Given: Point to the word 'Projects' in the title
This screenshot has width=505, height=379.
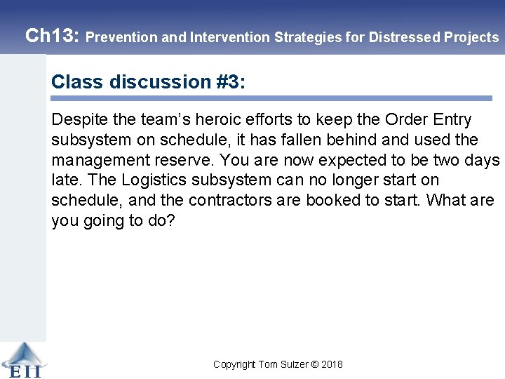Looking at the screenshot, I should (x=471, y=37).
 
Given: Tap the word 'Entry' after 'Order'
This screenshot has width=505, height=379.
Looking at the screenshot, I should (x=450, y=120).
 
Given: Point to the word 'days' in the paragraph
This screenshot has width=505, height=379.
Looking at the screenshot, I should (x=481, y=161).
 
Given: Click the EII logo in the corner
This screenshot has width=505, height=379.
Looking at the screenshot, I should (x=22, y=359).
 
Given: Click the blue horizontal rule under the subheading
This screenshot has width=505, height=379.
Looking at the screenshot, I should (x=271, y=98).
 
